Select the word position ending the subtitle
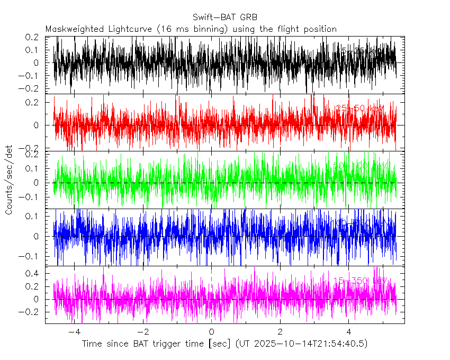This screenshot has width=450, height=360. pos(319,29)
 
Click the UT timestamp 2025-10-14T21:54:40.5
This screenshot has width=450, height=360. pos(309,344)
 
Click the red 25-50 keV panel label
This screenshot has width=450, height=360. pos(360,109)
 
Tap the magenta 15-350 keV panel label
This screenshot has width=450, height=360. pos(360,280)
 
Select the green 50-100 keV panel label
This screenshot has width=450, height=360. pos(360,166)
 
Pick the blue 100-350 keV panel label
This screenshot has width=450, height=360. pos(360,223)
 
